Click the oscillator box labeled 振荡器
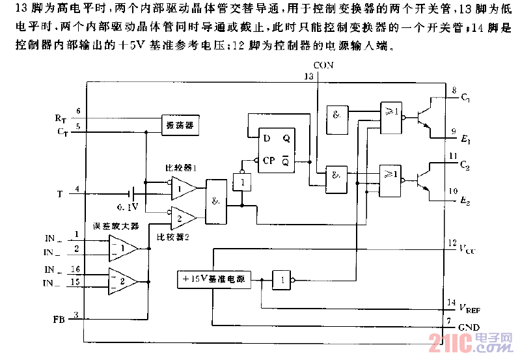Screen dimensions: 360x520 (x=180, y=124)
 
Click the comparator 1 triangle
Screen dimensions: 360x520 (x=184, y=189)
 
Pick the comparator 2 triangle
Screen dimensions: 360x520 (x=184, y=215)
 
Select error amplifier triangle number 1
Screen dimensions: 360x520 (x=122, y=247)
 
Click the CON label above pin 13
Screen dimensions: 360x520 (x=323, y=66)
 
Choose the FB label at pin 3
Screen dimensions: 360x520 (x=59, y=320)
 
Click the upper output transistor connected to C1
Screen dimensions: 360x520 (x=424, y=118)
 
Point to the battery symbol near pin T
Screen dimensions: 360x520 (x=133, y=193)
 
